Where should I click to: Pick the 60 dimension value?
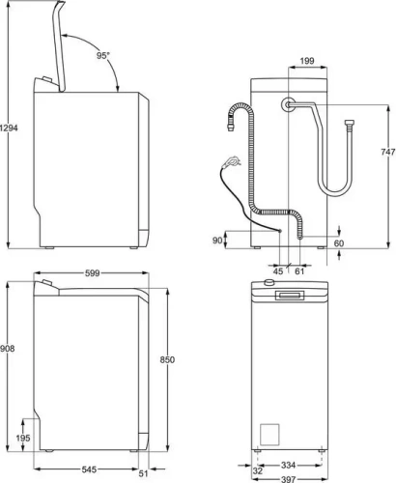339,243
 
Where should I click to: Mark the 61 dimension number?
299,270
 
